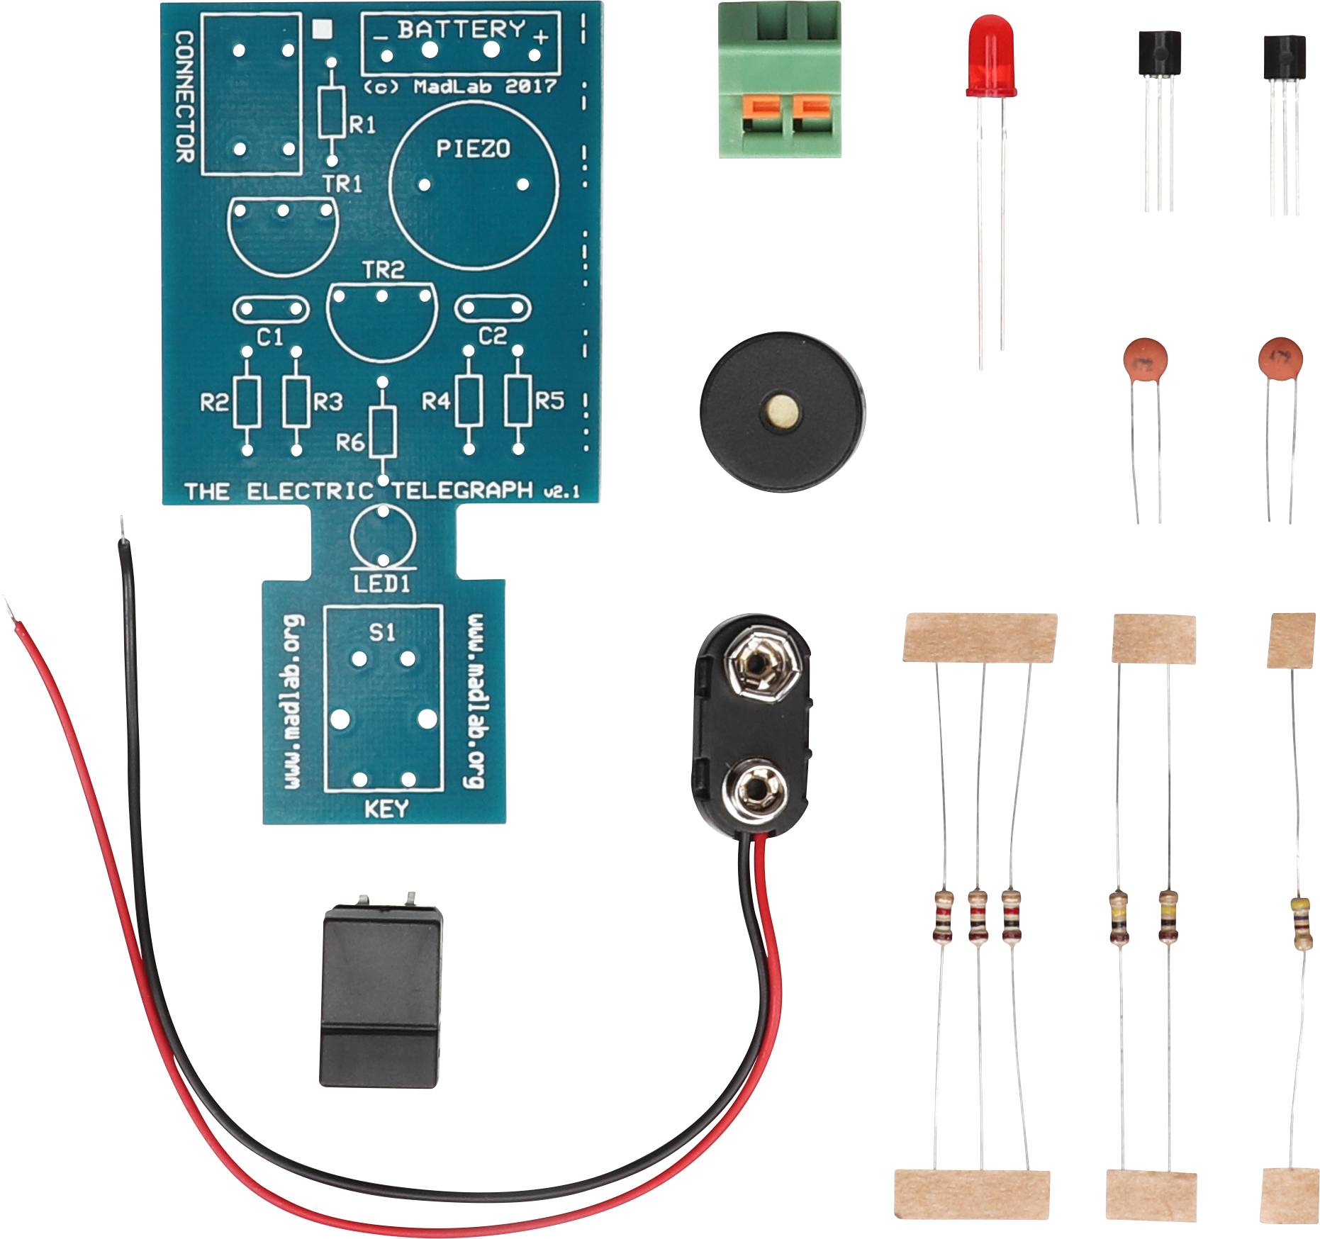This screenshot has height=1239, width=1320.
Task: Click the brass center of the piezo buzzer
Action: coord(782,411)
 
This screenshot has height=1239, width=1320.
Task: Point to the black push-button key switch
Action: coord(380,998)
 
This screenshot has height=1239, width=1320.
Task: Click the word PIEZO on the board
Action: coord(473,148)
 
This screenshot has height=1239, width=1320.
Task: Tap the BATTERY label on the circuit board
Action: coord(462,30)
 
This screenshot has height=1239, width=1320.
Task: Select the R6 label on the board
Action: coord(350,443)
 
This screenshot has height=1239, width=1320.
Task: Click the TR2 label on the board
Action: coord(383,270)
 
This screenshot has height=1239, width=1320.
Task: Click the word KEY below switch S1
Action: coord(386,808)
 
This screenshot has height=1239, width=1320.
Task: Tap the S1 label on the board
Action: coord(383,632)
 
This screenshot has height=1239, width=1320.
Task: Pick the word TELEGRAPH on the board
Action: coord(462,490)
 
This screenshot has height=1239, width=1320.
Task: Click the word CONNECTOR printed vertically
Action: coord(184,96)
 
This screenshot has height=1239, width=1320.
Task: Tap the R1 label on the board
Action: coord(362,125)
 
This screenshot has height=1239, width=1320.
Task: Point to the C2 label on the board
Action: coord(493,335)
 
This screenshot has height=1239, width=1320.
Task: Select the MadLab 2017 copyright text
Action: coord(460,86)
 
